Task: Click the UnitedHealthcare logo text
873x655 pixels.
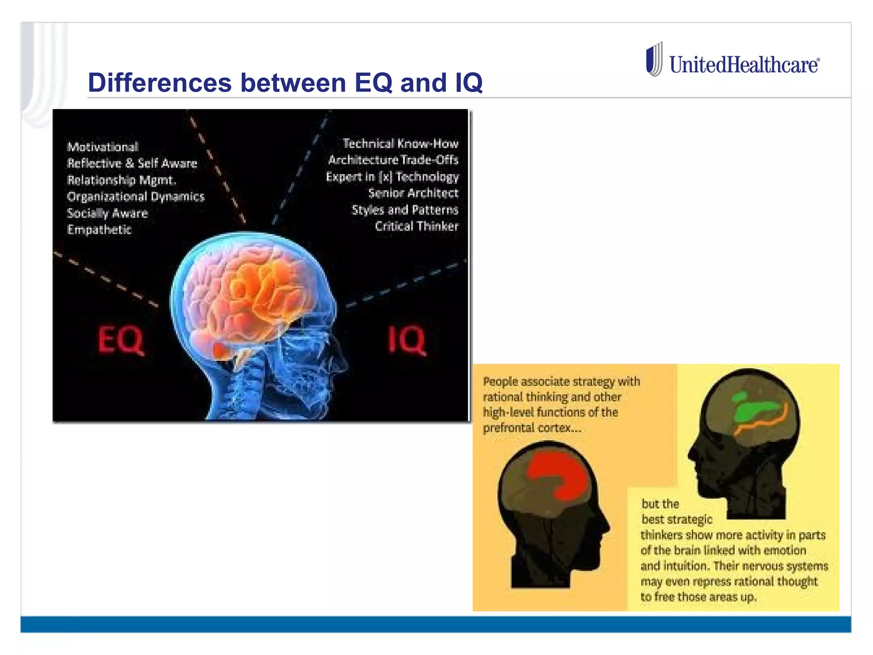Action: [744, 65]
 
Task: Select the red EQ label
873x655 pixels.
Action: [121, 340]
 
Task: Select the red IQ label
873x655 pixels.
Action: [407, 340]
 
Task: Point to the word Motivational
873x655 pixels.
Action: [103, 147]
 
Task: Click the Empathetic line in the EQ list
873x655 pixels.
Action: [99, 230]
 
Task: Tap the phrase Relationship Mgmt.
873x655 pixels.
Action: [121, 180]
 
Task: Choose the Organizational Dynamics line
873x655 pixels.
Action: [136, 197]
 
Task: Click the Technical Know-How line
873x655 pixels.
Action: [400, 144]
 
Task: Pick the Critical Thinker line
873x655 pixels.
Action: [416, 226]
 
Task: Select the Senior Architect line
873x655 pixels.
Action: [413, 193]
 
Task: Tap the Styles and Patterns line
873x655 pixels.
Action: [405, 210]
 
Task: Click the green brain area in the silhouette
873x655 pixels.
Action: [757, 409]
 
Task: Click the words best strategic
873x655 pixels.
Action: [677, 519]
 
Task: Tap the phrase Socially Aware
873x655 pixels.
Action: [107, 213]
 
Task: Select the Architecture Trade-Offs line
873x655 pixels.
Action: [393, 160]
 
